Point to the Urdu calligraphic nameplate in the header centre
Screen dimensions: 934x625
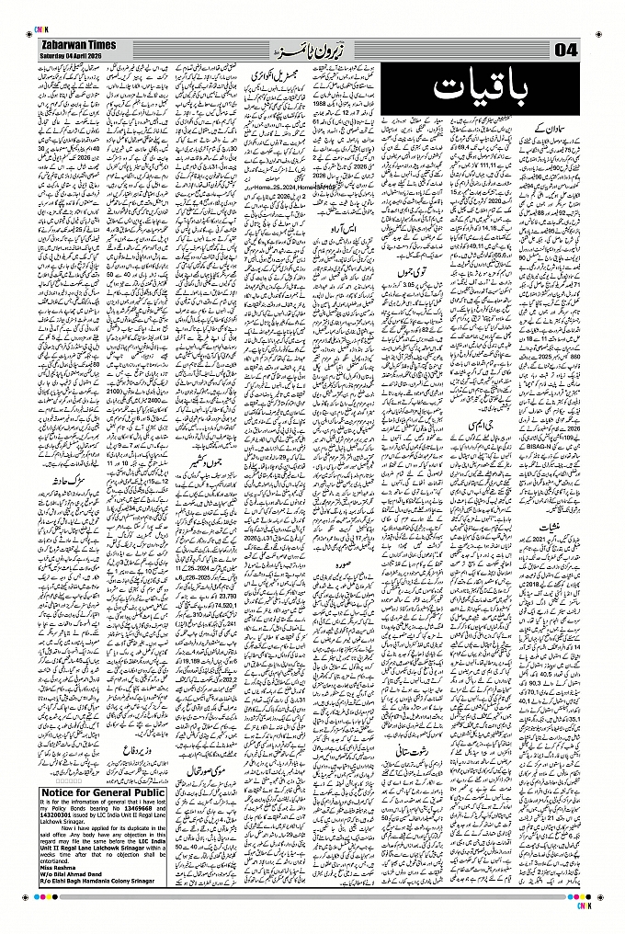303,47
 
